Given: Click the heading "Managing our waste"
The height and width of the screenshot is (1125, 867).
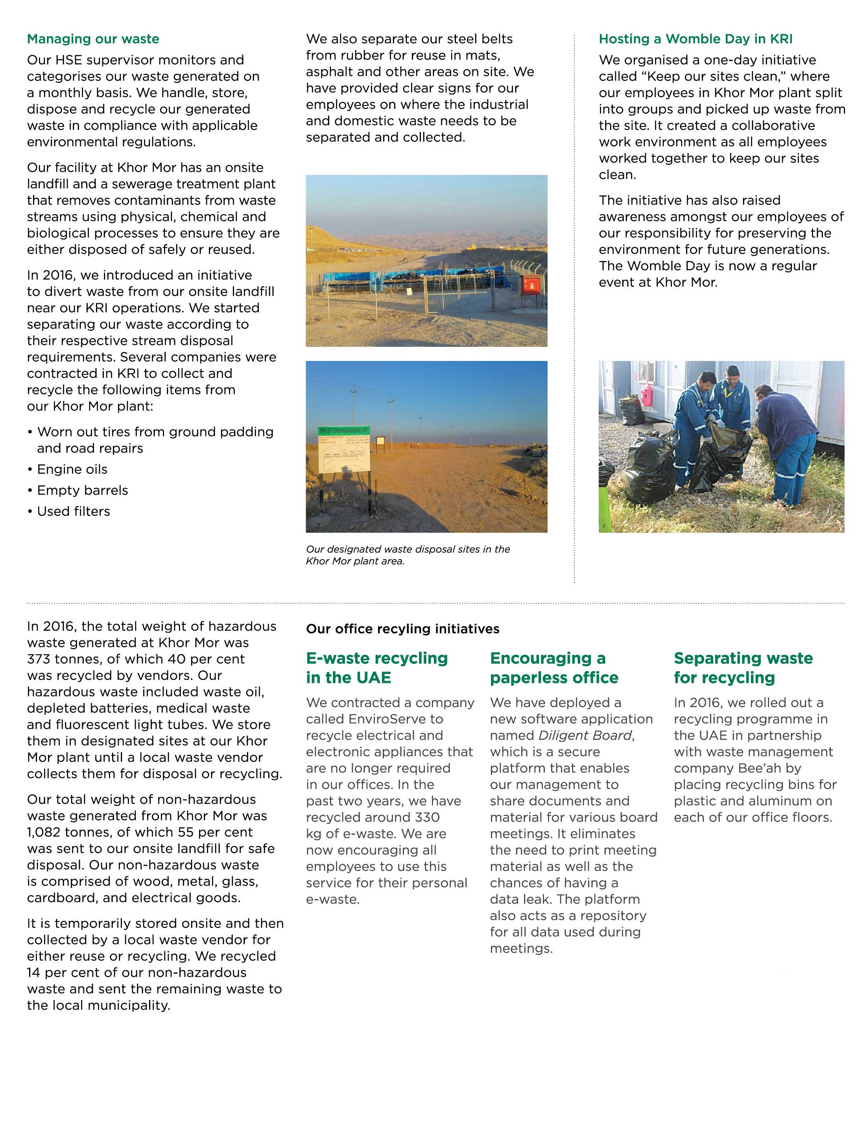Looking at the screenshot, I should tap(93, 39).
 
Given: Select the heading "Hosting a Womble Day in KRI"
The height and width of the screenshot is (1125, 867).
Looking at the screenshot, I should tap(695, 39).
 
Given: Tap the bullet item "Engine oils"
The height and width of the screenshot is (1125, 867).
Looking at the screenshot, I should tap(72, 469).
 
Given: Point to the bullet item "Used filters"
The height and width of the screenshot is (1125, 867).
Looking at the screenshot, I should tap(73, 512).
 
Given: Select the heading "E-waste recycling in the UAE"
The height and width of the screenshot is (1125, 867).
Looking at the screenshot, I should tap(377, 668).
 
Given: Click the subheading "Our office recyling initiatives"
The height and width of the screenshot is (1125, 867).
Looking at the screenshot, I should tap(402, 629).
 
